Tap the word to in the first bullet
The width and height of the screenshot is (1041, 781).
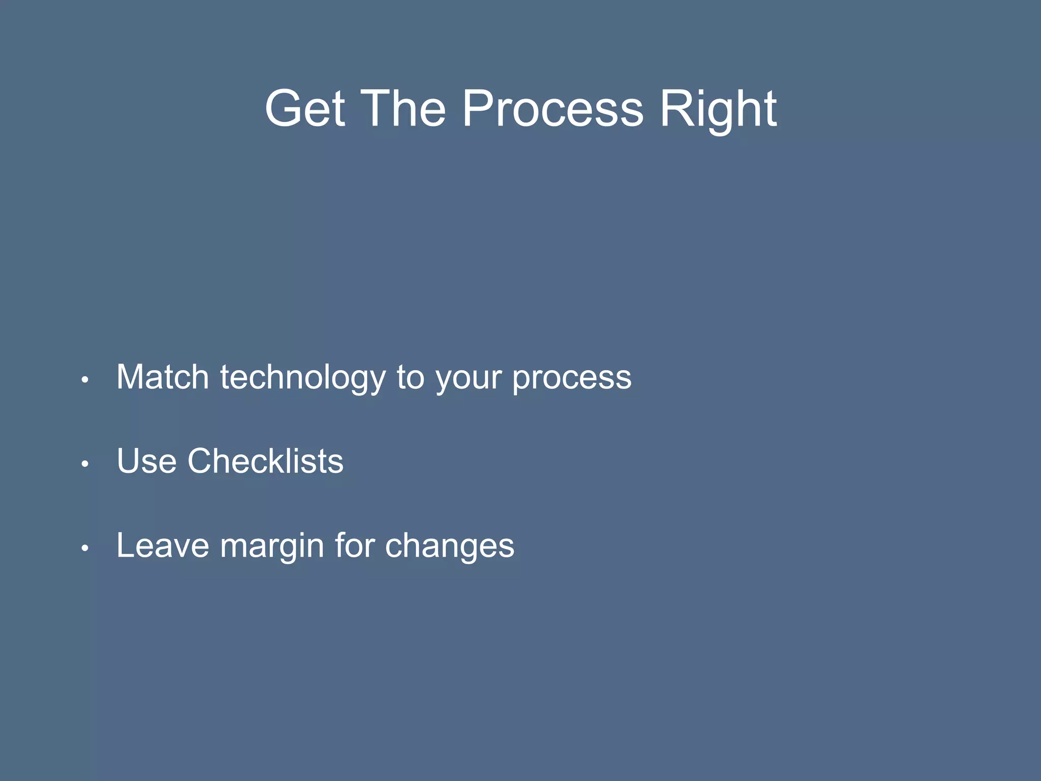coord(410,377)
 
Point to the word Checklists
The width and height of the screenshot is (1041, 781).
coord(265,461)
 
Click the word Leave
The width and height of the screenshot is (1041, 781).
coord(163,546)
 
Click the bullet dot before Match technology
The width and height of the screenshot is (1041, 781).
coord(85,380)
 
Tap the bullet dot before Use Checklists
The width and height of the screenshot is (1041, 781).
coord(85,464)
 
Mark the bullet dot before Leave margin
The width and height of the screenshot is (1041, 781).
coord(85,548)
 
